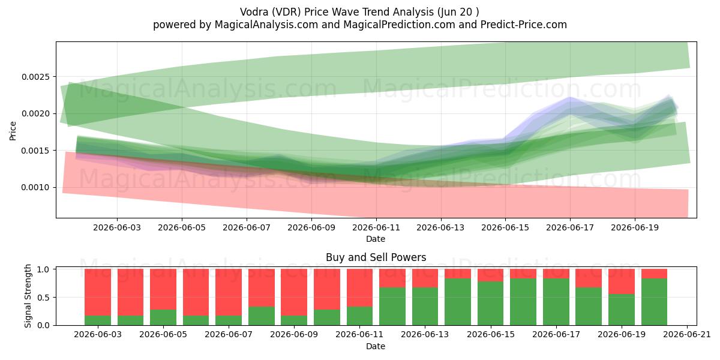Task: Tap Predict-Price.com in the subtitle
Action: (x=524, y=25)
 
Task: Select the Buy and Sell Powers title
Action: (x=376, y=257)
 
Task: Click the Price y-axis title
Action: (x=13, y=131)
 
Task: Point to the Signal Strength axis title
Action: (x=28, y=296)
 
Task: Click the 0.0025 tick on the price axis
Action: (x=35, y=77)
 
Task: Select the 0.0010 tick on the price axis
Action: (x=35, y=187)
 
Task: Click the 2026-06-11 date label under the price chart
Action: (x=376, y=227)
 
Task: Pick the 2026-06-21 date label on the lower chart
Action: (x=687, y=335)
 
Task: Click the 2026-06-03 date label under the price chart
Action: (x=117, y=227)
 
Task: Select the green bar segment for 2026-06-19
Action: (x=622, y=310)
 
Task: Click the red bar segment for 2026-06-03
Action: (x=98, y=293)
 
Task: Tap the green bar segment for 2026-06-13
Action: (x=425, y=307)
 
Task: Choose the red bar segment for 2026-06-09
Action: (x=294, y=293)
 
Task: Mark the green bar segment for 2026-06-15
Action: (x=491, y=304)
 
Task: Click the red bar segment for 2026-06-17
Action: (x=556, y=274)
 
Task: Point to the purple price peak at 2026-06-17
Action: (x=570, y=98)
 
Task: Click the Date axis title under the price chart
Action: (x=376, y=239)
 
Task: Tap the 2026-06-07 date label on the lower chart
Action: (x=229, y=335)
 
